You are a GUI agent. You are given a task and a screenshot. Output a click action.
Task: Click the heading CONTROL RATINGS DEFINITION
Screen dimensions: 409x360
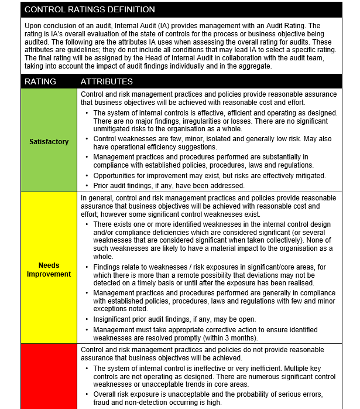tap(90, 9)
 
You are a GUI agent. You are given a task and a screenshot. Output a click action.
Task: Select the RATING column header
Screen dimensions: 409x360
tap(40, 81)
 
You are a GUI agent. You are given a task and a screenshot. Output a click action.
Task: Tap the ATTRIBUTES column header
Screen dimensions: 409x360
tap(107, 81)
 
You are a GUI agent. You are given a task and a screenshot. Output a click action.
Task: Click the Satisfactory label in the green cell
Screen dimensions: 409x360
tap(49, 141)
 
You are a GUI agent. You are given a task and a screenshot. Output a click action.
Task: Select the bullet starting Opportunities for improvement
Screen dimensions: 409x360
tap(210, 176)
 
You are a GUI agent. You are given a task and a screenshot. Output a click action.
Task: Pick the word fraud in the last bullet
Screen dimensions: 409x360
tap(103, 402)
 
